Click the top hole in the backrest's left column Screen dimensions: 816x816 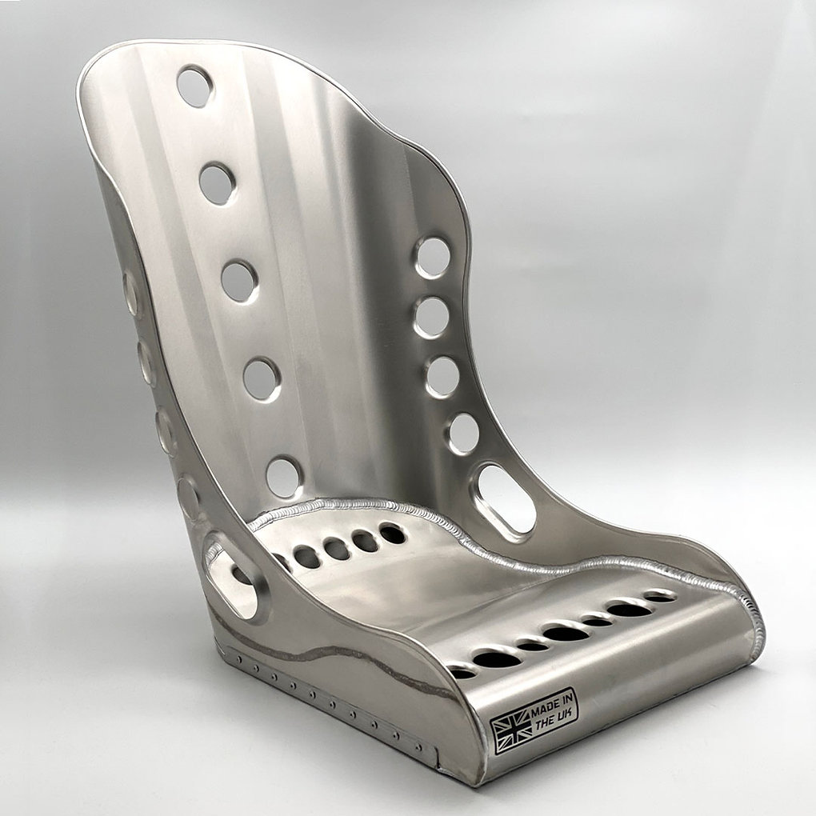coord(195,86)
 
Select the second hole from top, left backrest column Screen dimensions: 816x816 coord(218,184)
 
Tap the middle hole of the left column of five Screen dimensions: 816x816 coord(239,282)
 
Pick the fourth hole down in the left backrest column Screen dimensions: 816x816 coord(262,379)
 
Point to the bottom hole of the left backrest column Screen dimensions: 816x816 coord(284,478)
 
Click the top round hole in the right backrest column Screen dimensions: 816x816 coord(433,257)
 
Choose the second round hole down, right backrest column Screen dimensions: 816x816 coord(432,318)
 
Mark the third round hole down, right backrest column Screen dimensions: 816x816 coord(442,377)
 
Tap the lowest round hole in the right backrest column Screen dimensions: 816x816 coord(462,434)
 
